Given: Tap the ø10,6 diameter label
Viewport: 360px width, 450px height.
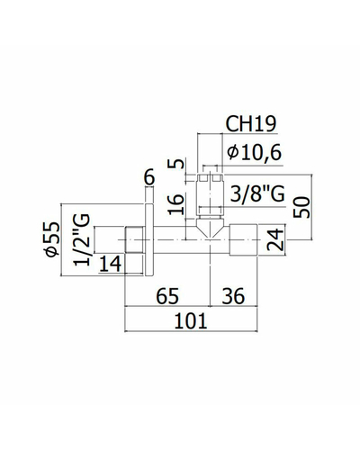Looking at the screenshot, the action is click(255, 152).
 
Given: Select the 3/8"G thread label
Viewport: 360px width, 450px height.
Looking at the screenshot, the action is click(257, 193).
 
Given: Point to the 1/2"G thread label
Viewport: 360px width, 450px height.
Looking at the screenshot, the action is click(82, 239).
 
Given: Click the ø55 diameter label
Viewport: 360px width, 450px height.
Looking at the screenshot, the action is click(52, 239).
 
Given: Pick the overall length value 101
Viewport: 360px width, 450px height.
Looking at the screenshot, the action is click(191, 320).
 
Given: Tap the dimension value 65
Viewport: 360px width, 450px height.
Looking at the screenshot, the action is click(167, 296).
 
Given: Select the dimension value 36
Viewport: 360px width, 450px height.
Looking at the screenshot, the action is click(233, 296).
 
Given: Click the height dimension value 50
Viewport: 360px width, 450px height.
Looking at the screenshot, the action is click(301, 207).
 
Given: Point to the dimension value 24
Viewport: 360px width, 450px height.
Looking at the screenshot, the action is click(275, 239).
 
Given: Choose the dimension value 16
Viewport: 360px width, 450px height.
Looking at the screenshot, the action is click(175, 204).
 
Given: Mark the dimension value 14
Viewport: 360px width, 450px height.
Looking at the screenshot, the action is click(111, 264).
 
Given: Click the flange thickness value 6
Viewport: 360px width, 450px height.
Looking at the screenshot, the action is click(149, 177).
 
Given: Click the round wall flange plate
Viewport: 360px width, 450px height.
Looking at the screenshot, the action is click(149, 239).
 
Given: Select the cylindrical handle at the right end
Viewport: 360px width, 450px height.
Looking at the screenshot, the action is click(243, 239).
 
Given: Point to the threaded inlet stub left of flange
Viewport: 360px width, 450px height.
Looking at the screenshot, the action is click(133, 239).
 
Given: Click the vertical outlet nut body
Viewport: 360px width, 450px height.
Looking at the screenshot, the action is click(210, 194).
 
